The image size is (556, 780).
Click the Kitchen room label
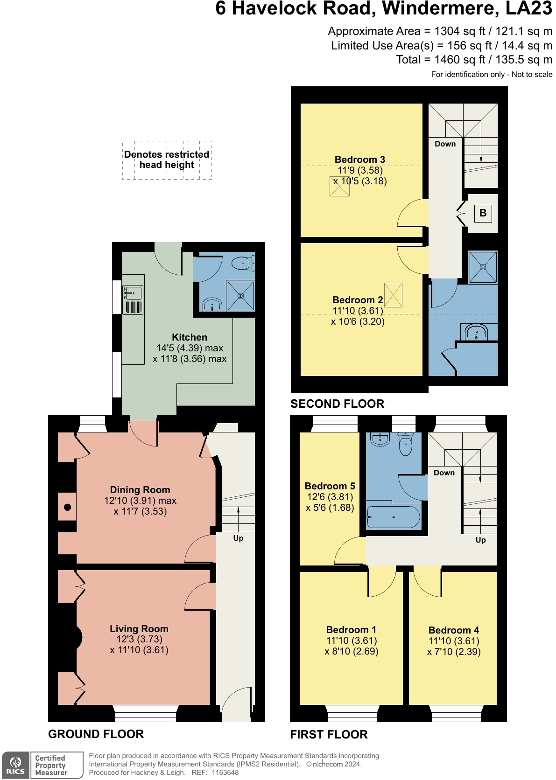190,337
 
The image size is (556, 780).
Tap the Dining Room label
140,489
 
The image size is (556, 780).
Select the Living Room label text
139,628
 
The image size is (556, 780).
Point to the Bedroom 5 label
330,486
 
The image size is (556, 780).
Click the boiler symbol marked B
483,213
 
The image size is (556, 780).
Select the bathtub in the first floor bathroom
394,517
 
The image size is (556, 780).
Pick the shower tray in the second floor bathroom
483,267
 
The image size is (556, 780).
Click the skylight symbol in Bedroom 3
340,186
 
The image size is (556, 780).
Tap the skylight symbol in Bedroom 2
394,295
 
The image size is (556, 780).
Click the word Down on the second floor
445,144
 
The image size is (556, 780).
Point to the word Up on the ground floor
238,538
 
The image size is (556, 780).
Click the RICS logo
16,766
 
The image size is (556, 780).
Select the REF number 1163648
225,773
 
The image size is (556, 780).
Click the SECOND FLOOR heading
337,404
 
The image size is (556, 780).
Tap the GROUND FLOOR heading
96,734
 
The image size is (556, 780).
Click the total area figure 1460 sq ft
460,60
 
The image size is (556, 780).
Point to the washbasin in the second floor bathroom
477,332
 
